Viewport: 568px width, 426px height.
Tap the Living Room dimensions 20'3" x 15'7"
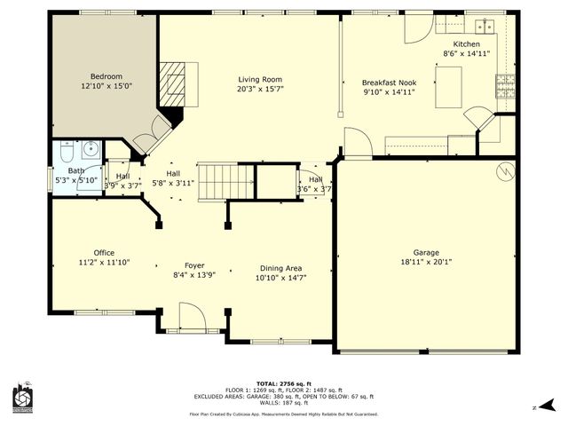tap(260, 88)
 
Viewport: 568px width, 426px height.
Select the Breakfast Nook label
tap(389, 80)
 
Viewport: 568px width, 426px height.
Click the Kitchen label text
tap(466, 43)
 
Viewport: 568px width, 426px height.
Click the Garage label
tap(426, 252)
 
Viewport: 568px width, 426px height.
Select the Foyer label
tap(194, 265)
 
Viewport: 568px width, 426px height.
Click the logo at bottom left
tap(22, 399)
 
